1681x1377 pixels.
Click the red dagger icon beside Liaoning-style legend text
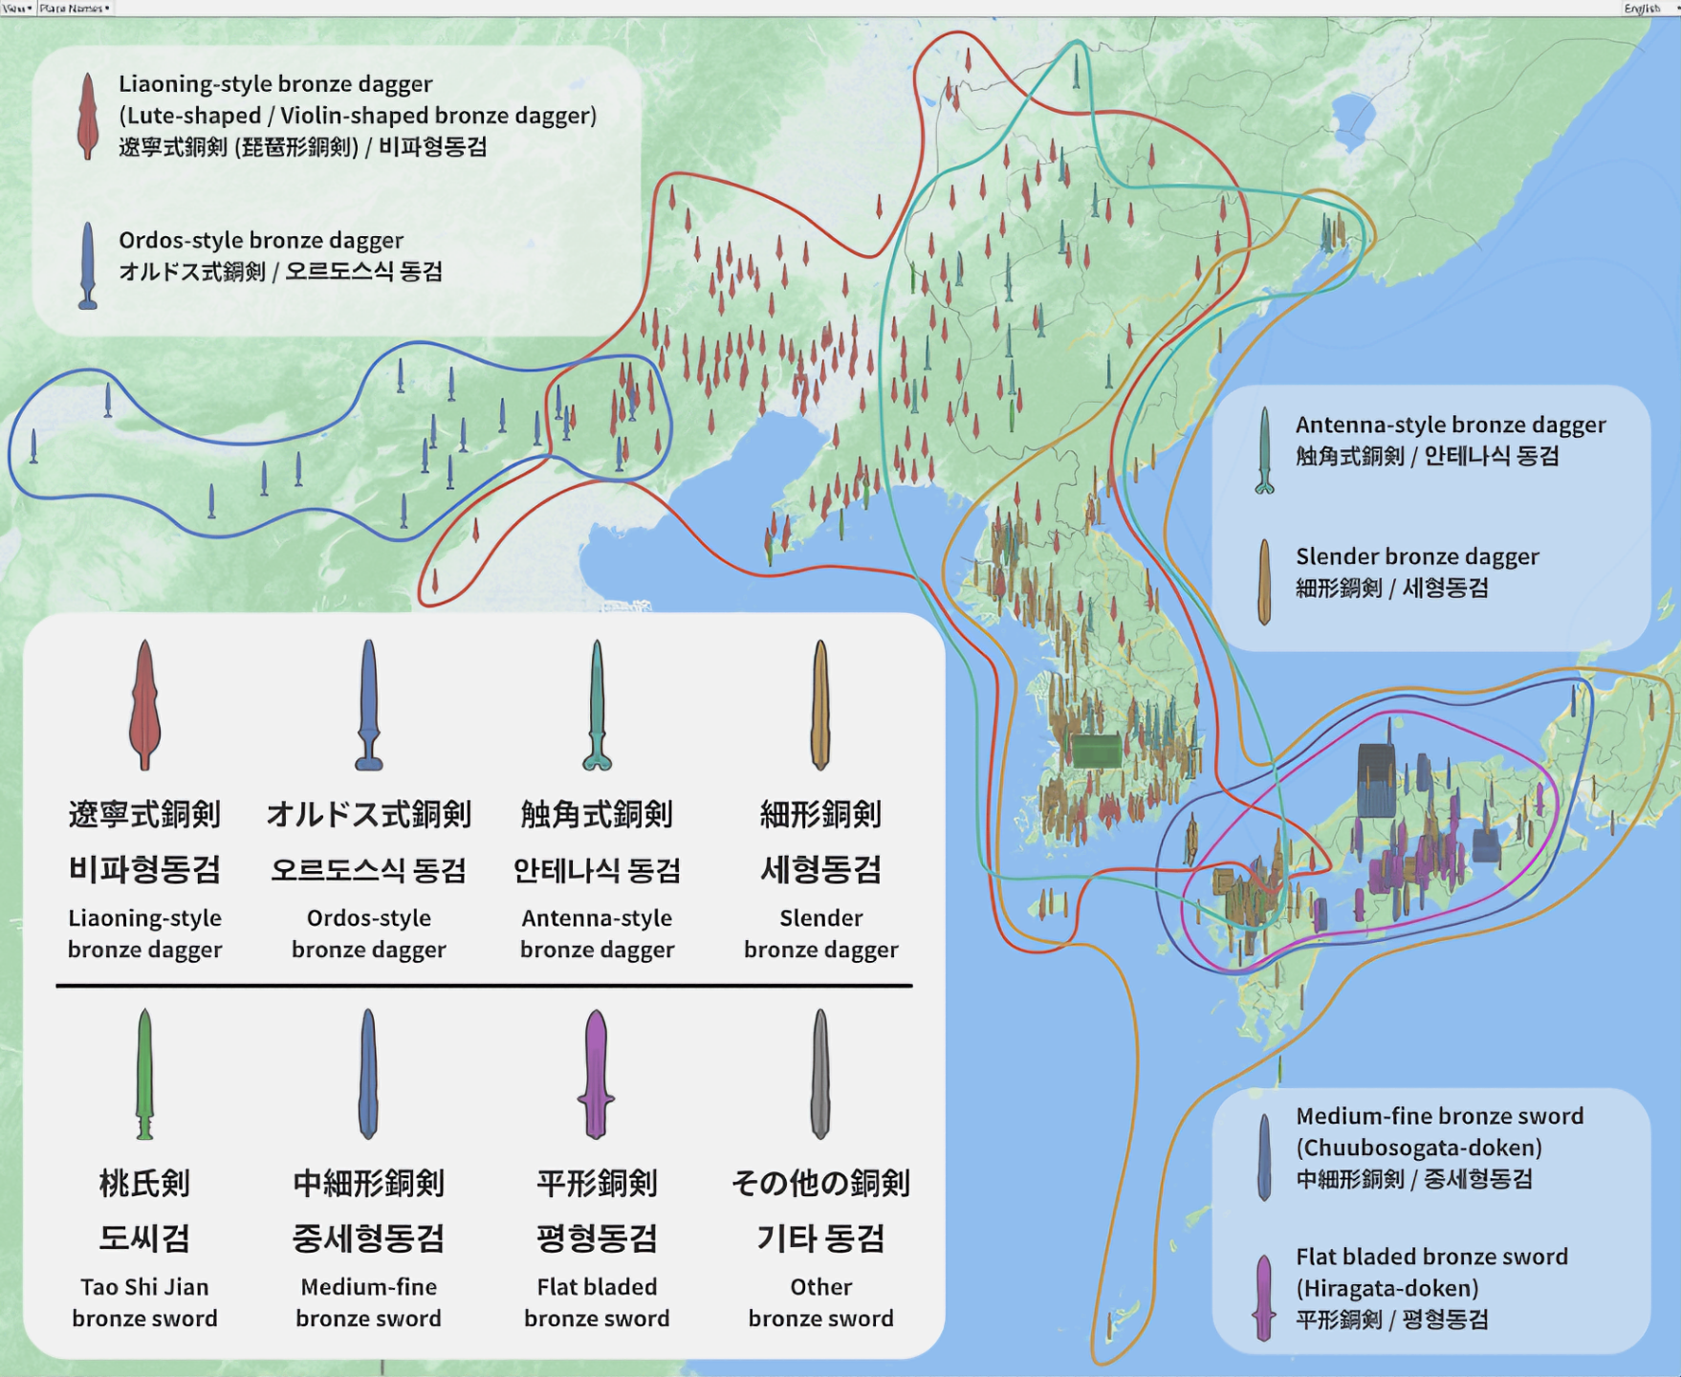pos(88,116)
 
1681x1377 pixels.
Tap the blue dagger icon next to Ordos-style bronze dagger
pos(88,265)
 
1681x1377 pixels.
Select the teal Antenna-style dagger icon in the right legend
pos(1264,450)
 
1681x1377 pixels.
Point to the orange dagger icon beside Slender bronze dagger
pos(1264,581)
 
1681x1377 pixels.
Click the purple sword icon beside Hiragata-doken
pos(1264,1297)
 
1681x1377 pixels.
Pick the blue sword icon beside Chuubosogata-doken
pos(1264,1157)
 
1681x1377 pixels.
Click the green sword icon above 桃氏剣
pos(144,1073)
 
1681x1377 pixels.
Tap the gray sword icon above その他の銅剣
pos(820,1073)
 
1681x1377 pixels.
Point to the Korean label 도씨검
pos(144,1238)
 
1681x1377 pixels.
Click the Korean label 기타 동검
pos(820,1238)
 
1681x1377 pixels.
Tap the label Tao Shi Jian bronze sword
pos(144,1302)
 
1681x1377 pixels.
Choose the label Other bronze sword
pos(820,1302)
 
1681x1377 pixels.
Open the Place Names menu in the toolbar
pos(75,9)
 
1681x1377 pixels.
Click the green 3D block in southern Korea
pos(1096,751)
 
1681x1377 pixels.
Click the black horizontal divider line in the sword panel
pos(484,985)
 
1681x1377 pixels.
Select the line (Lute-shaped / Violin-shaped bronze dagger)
pos(358,116)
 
